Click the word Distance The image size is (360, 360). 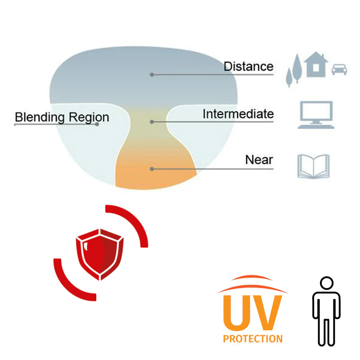tap(248, 67)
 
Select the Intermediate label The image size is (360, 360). tap(238, 113)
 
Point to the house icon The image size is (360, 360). tap(316, 64)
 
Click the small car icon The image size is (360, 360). tap(339, 69)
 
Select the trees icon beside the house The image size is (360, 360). tap(293, 70)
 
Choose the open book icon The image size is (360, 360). tap(313, 166)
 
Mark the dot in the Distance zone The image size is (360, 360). tap(152, 74)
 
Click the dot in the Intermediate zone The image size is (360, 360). tap(152, 121)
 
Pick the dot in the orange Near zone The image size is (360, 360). tap(152, 169)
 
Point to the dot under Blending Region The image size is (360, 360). tap(97, 124)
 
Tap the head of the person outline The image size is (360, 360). tap(326, 283)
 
